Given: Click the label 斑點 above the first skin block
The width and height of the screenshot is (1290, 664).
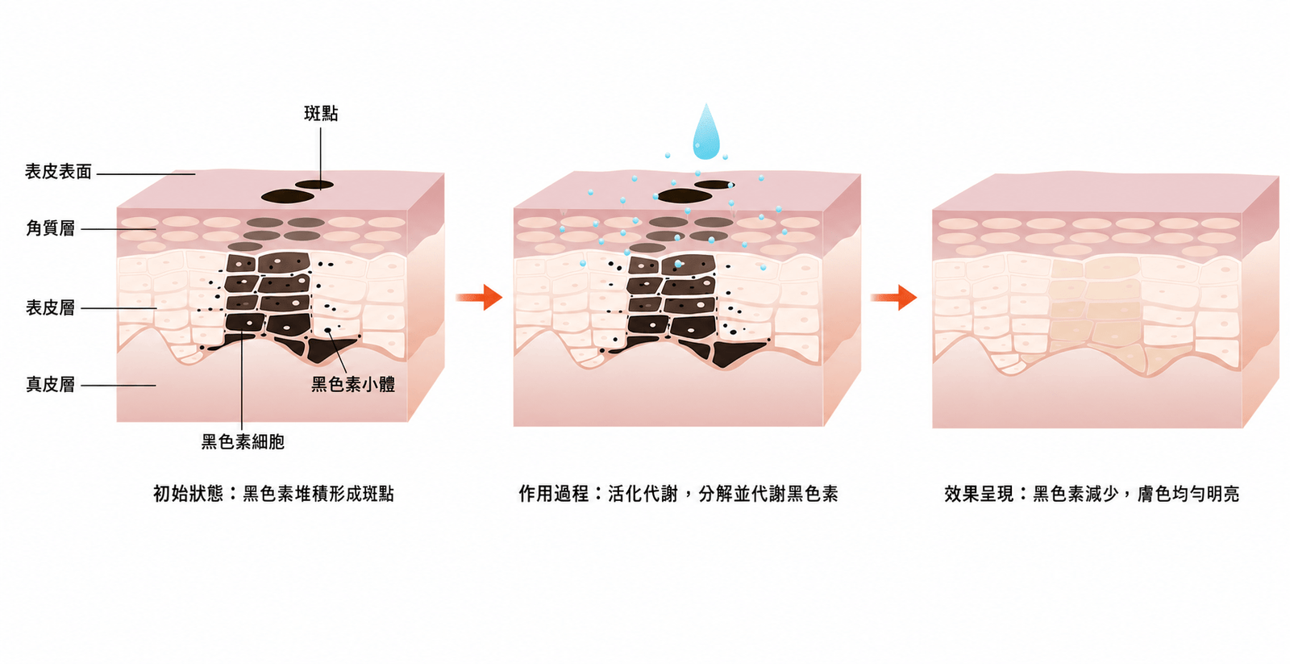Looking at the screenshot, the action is [321, 114].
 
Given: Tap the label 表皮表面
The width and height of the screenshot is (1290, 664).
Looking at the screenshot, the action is [58, 172].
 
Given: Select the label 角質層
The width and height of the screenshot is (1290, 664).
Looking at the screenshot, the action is [50, 228].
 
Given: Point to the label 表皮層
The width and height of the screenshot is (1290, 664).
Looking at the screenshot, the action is [50, 307].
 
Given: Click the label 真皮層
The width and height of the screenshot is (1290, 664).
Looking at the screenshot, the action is [50, 385].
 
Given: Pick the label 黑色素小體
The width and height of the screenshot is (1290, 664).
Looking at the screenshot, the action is [353, 385].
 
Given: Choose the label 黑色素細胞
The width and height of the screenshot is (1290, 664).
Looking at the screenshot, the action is [243, 442].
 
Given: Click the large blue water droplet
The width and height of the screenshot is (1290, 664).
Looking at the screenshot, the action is [706, 132].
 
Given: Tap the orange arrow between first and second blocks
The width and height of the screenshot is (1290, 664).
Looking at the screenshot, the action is [479, 298].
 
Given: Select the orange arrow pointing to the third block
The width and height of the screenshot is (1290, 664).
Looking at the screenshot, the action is [894, 298].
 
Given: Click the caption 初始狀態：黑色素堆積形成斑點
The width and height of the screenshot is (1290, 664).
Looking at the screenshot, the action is [273, 494].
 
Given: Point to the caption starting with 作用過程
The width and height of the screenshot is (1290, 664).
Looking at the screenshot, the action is [678, 494].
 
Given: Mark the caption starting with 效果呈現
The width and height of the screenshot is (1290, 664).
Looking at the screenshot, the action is [1092, 494].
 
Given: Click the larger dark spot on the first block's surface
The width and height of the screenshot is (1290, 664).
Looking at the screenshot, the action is [287, 197].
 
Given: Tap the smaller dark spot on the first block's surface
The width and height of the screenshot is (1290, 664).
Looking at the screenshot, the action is [314, 185].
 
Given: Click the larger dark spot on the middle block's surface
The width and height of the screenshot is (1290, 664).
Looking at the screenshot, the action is [685, 196].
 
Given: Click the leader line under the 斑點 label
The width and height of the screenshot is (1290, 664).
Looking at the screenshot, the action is [321, 158].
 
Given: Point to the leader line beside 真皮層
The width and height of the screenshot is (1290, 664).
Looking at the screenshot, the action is [119, 386].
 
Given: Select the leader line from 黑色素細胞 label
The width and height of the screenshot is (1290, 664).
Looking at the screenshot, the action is [242, 381].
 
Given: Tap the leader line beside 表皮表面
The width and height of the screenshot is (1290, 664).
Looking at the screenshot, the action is [146, 173].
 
